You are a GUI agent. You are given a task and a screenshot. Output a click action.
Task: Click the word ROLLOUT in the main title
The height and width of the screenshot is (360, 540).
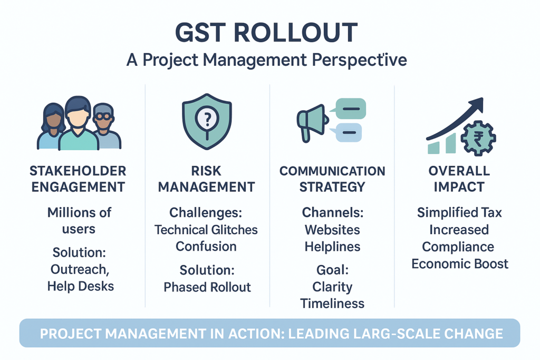[x=295, y=32]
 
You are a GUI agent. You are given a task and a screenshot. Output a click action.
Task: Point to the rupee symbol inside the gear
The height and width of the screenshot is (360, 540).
[x=478, y=138]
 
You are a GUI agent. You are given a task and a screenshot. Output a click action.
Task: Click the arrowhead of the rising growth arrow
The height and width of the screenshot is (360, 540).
[x=477, y=105]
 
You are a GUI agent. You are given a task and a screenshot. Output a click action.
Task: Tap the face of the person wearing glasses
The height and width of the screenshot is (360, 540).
[x=103, y=119]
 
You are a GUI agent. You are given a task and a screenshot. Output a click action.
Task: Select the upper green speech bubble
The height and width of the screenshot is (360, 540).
[x=350, y=109]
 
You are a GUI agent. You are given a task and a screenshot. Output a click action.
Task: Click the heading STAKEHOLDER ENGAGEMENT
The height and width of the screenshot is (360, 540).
[x=78, y=179]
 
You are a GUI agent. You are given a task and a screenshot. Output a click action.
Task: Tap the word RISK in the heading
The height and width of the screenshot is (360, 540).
[x=206, y=171]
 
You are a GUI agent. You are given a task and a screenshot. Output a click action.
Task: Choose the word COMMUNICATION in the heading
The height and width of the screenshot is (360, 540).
[x=332, y=171]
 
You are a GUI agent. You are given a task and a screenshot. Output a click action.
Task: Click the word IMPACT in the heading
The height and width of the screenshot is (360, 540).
[x=459, y=187]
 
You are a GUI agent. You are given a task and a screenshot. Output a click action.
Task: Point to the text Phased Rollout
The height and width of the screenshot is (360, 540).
[x=207, y=287]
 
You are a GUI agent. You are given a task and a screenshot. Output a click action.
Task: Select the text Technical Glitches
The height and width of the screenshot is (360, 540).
[x=206, y=230]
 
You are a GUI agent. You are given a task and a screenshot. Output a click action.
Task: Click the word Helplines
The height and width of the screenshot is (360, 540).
[x=332, y=247]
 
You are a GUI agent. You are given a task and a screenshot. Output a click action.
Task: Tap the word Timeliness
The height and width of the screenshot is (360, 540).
[x=332, y=304]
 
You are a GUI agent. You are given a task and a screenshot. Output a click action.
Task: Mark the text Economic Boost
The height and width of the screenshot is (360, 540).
[x=460, y=264]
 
